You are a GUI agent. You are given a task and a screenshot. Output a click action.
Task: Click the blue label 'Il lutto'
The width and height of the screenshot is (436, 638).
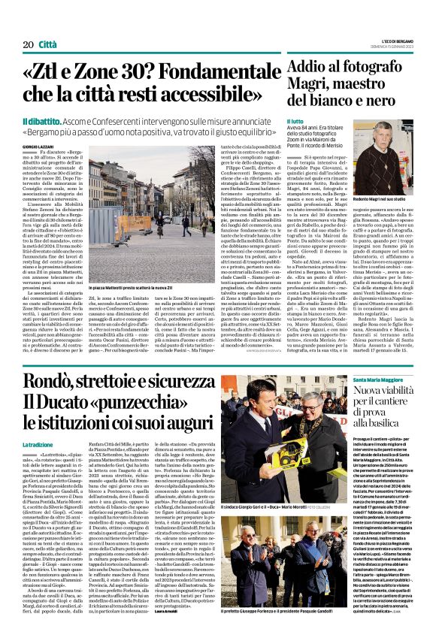coord(294,120)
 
